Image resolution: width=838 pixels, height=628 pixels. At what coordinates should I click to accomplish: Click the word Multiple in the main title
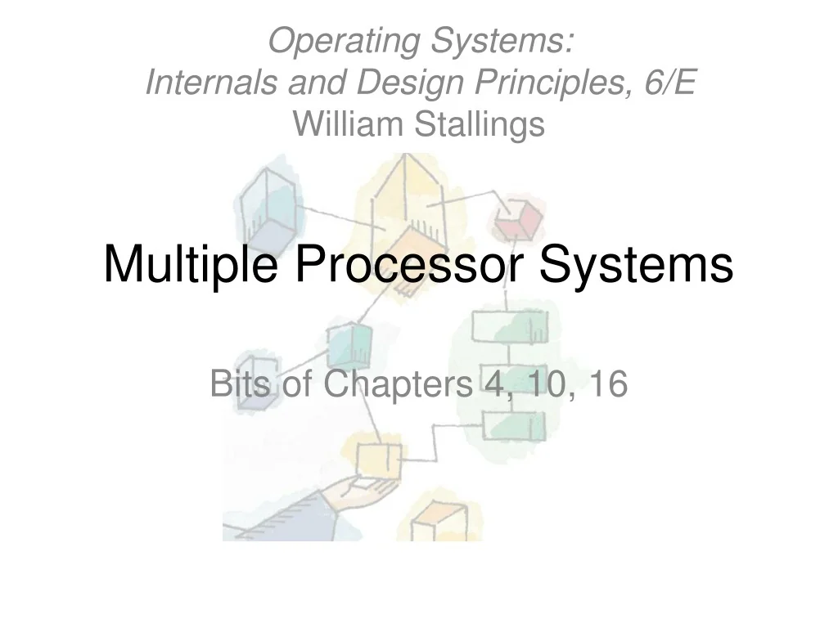[189, 264]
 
